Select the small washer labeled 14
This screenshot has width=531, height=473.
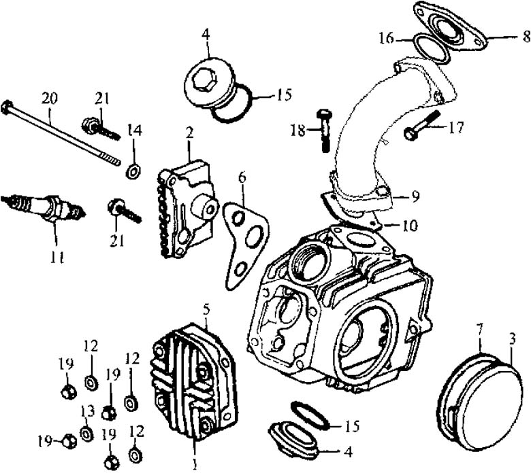133,169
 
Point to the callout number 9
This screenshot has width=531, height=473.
415,198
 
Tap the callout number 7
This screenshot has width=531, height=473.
481,330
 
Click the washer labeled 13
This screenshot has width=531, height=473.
86,433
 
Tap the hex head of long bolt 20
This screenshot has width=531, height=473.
8,107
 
